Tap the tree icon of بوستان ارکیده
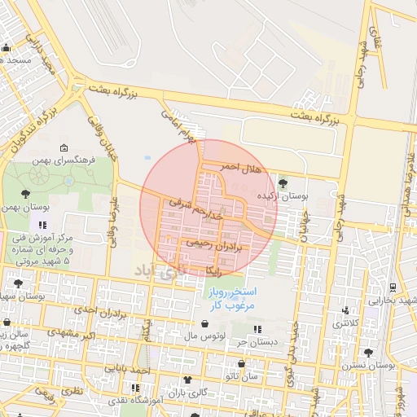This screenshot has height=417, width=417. tap(283, 183)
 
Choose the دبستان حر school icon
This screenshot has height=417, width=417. tap(258, 330)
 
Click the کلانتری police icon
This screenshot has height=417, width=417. tap(348, 310)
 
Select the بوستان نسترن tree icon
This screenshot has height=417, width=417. tap(368, 353)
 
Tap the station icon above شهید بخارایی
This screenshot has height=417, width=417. tap(394, 287)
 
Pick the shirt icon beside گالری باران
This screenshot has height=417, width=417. tap(189, 379)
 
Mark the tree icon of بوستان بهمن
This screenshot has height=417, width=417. tap(26, 193)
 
